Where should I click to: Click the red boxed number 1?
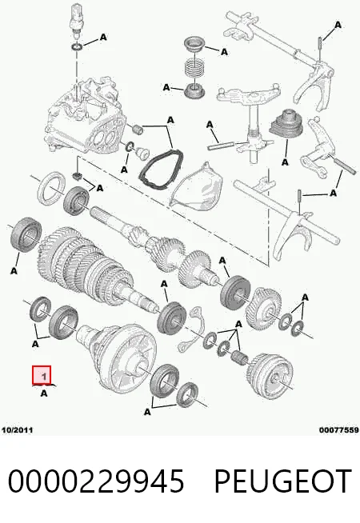[x=42, y=375]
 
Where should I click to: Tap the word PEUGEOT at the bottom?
[x=283, y=481]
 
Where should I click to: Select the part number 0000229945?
[x=96, y=481]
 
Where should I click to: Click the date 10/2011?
[x=18, y=429]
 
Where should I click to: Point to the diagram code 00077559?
[x=338, y=430]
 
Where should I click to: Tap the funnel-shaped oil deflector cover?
[x=197, y=188]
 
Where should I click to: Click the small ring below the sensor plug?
[x=78, y=46]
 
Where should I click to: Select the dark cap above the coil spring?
[x=194, y=45]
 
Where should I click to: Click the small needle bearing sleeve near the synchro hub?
[x=239, y=357]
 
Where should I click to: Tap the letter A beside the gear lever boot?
[x=285, y=162]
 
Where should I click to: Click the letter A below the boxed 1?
[x=44, y=393]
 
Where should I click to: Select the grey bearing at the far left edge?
[x=26, y=234]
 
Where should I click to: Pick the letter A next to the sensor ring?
[x=103, y=37]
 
